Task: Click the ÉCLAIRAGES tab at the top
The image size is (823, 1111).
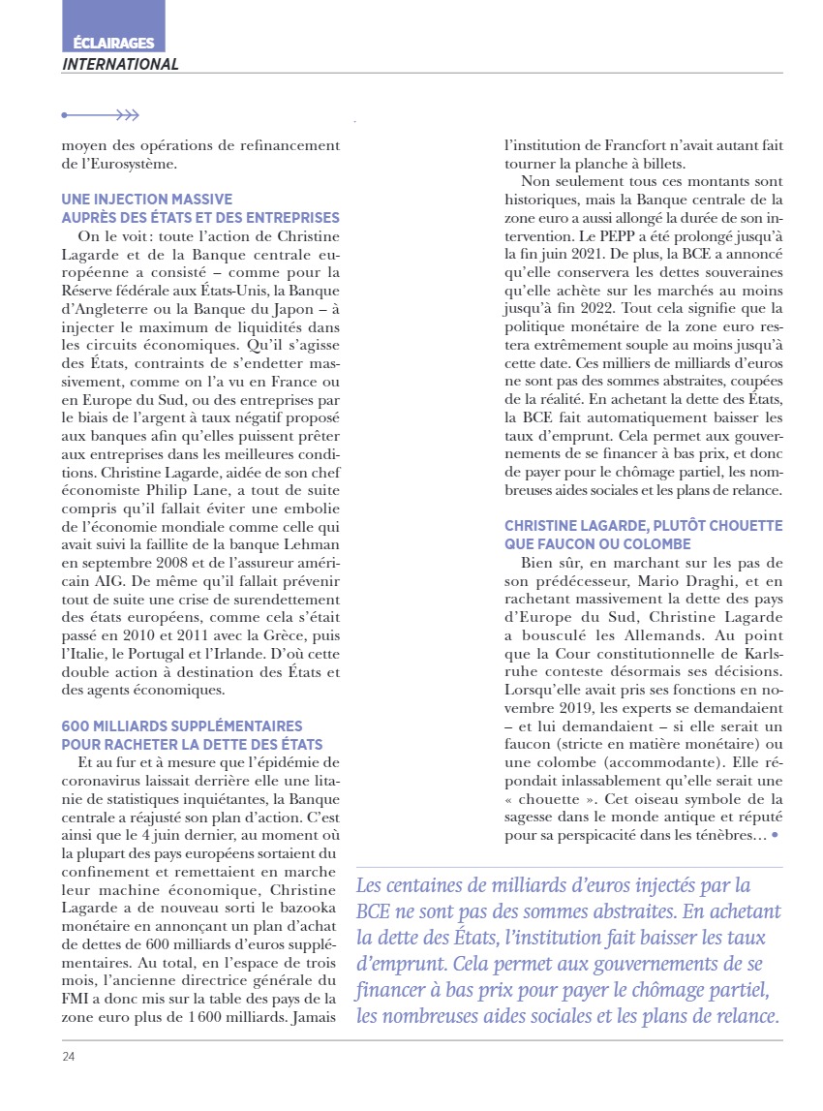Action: click(112, 43)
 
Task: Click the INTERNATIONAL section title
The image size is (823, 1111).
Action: click(120, 65)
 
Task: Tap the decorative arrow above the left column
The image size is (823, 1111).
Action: click(101, 115)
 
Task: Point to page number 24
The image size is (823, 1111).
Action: click(69, 1056)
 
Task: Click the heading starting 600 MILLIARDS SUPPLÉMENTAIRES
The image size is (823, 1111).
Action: click(182, 726)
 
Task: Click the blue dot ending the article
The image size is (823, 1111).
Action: click(776, 834)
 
